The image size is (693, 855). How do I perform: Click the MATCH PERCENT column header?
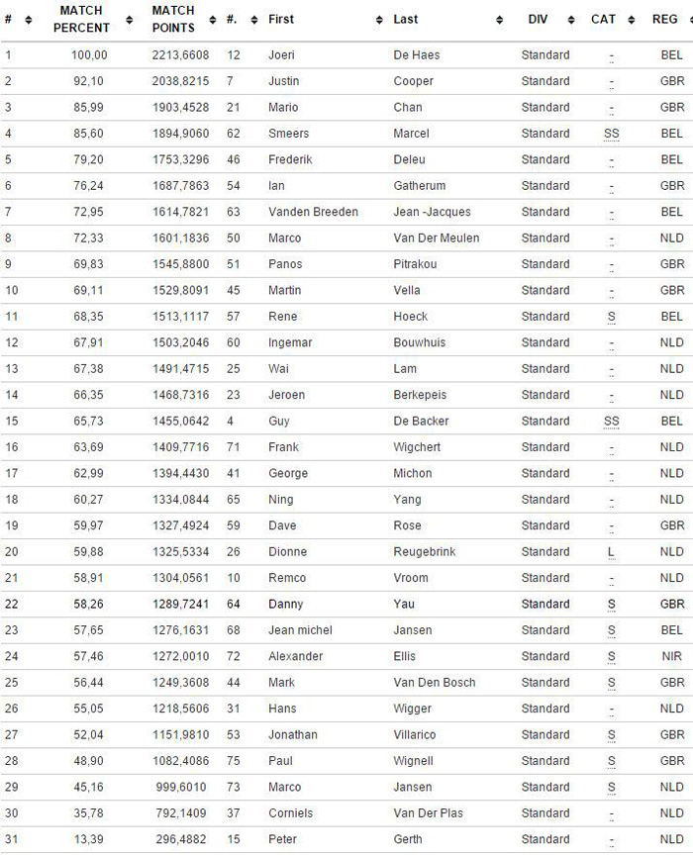pyautogui.click(x=81, y=19)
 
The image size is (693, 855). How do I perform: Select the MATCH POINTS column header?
pyautogui.click(x=173, y=19)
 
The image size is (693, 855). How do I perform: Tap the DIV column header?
pyautogui.click(x=538, y=19)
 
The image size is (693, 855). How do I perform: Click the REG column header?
pyautogui.click(x=664, y=19)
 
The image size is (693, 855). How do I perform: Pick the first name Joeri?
pyautogui.click(x=281, y=55)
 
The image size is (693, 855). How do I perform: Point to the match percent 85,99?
pyautogui.click(x=89, y=107)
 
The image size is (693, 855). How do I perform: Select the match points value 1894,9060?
pyautogui.click(x=181, y=134)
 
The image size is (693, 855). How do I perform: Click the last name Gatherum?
pyautogui.click(x=420, y=186)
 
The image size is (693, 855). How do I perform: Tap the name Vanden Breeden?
pyautogui.click(x=313, y=212)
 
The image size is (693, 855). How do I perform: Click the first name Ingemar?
pyautogui.click(x=291, y=342)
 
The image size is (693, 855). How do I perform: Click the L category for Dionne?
pyautogui.click(x=612, y=552)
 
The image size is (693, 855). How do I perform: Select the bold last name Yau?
pyautogui.click(x=404, y=604)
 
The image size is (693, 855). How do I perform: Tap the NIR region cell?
pyautogui.click(x=672, y=656)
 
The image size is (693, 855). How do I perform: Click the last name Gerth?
pyautogui.click(x=409, y=839)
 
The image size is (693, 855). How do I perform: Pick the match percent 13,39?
pyautogui.click(x=89, y=839)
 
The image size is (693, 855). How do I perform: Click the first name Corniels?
pyautogui.click(x=290, y=813)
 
